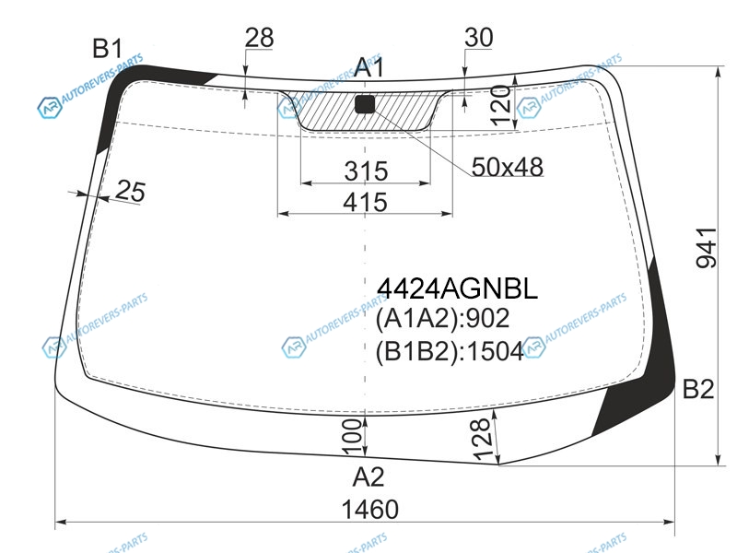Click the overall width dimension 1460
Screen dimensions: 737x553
pos(370,510)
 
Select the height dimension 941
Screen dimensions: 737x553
pos(707,248)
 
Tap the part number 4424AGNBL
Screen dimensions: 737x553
pos(457,288)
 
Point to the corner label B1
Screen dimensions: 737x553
pos(108,49)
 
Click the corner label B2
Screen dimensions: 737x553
pos(698,389)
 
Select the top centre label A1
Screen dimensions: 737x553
pos(369,67)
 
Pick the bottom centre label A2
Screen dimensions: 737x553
pos(368,477)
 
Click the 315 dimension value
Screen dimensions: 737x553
pos(366,171)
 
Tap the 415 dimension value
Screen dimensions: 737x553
pos(365,203)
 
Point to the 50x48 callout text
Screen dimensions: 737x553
pos(508,167)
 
